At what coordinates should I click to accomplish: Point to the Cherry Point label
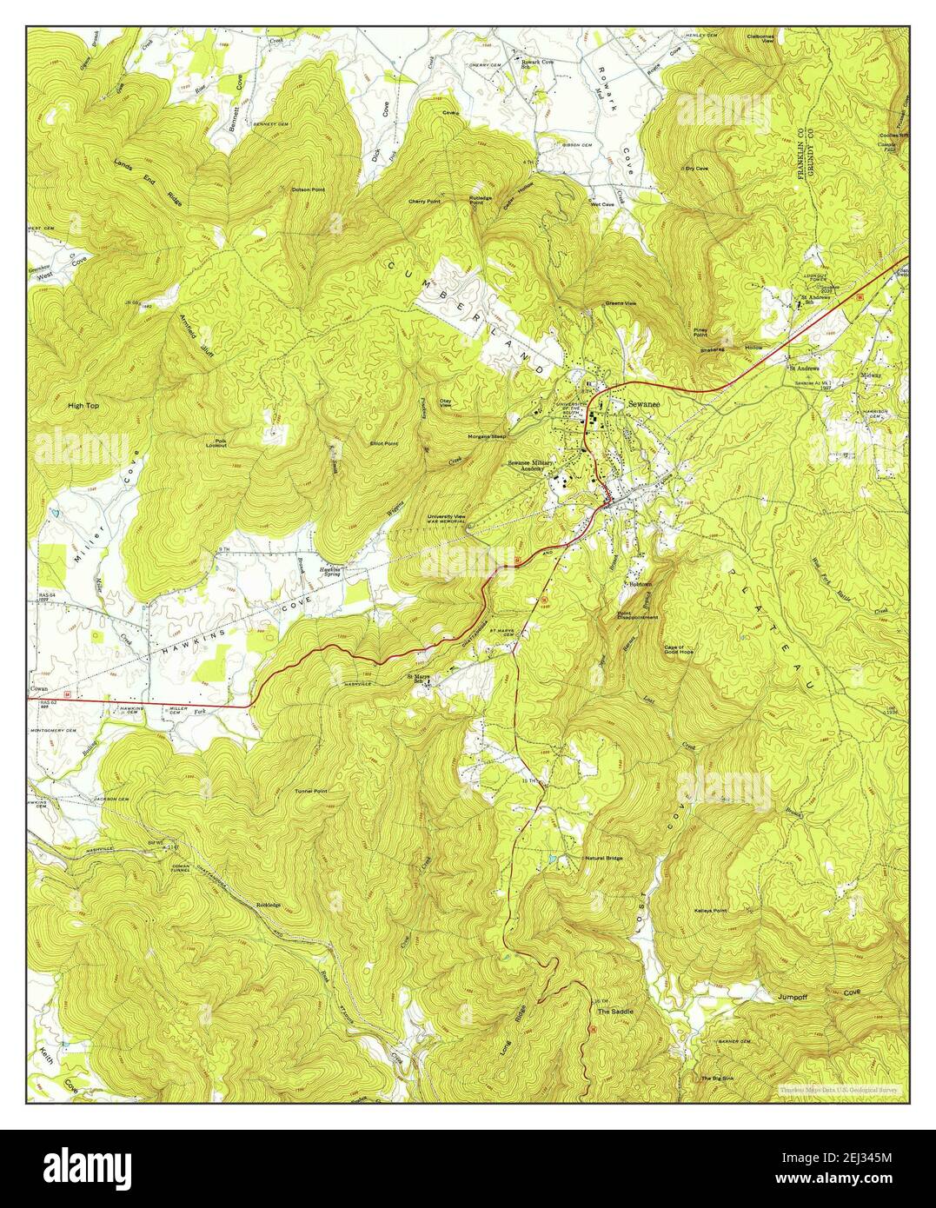[425, 201]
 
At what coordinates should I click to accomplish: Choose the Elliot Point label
[383, 443]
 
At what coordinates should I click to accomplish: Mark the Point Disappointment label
[637, 614]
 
